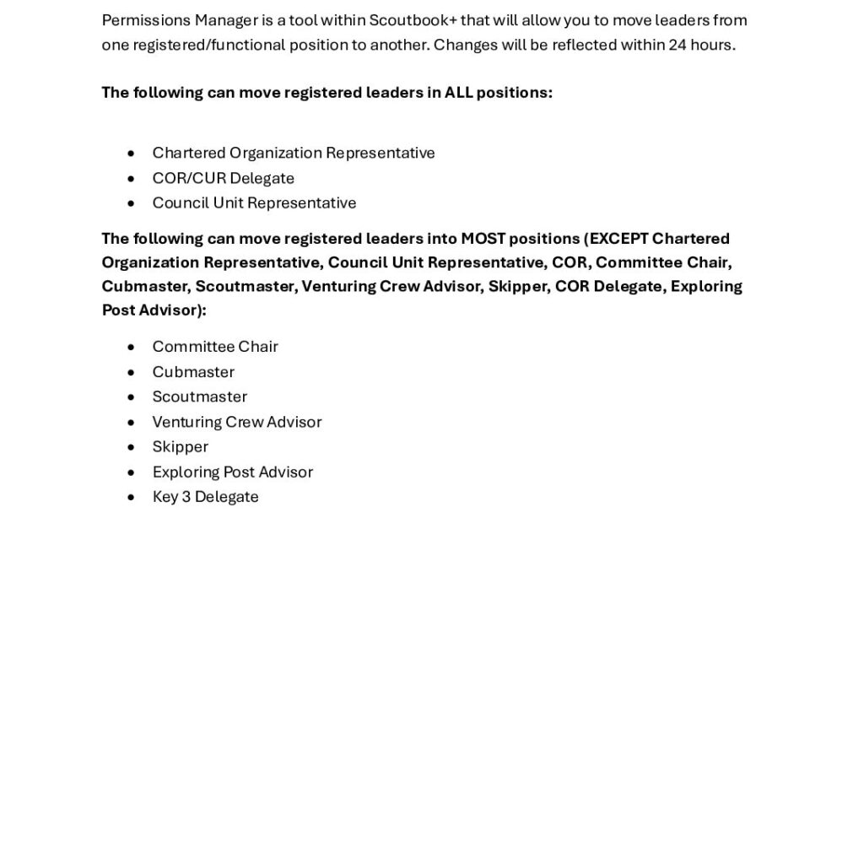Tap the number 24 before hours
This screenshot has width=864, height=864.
[678, 45]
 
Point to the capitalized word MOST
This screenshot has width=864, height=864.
[483, 239]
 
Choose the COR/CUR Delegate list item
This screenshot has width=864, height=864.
[223, 178]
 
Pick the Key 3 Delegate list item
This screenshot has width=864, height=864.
[205, 497]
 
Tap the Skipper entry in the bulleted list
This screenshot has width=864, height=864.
[180, 446]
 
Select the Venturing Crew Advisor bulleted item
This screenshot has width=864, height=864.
[236, 422]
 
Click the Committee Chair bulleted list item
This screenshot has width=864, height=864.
[214, 347]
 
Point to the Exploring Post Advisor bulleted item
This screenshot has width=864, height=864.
[232, 472]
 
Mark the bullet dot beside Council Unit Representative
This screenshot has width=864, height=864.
[131, 203]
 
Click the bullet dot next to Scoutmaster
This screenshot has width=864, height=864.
[131, 397]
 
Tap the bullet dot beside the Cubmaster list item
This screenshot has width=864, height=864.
[131, 372]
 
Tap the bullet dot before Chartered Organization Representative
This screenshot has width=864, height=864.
[131, 154]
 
